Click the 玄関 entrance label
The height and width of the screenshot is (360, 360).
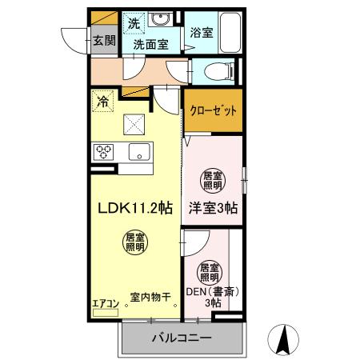(102, 41)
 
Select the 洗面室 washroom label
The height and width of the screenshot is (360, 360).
(150, 46)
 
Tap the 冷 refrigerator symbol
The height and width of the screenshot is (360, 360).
(102, 102)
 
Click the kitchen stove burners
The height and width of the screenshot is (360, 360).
(104, 151)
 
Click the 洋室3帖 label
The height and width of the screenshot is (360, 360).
(213, 206)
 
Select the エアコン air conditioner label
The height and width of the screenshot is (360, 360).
(105, 302)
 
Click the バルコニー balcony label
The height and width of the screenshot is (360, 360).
(182, 338)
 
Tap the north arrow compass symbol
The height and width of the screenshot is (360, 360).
(282, 339)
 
